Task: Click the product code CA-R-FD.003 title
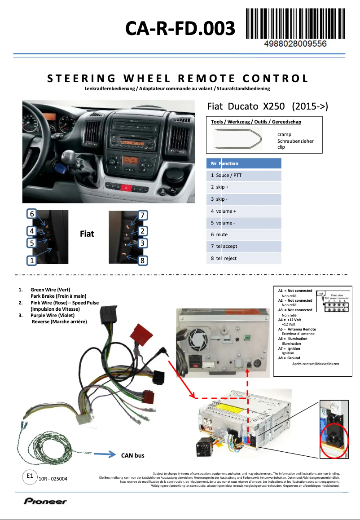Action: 180,29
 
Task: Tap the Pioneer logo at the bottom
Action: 45,501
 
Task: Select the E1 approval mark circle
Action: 30,476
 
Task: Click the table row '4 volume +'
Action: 244,211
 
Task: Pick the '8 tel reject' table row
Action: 244,258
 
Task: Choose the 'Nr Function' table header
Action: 244,163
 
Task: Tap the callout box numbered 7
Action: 142,215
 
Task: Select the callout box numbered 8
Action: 142,260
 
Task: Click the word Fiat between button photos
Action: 87,234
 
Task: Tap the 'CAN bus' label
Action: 133,455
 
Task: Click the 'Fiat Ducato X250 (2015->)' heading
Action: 268,106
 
